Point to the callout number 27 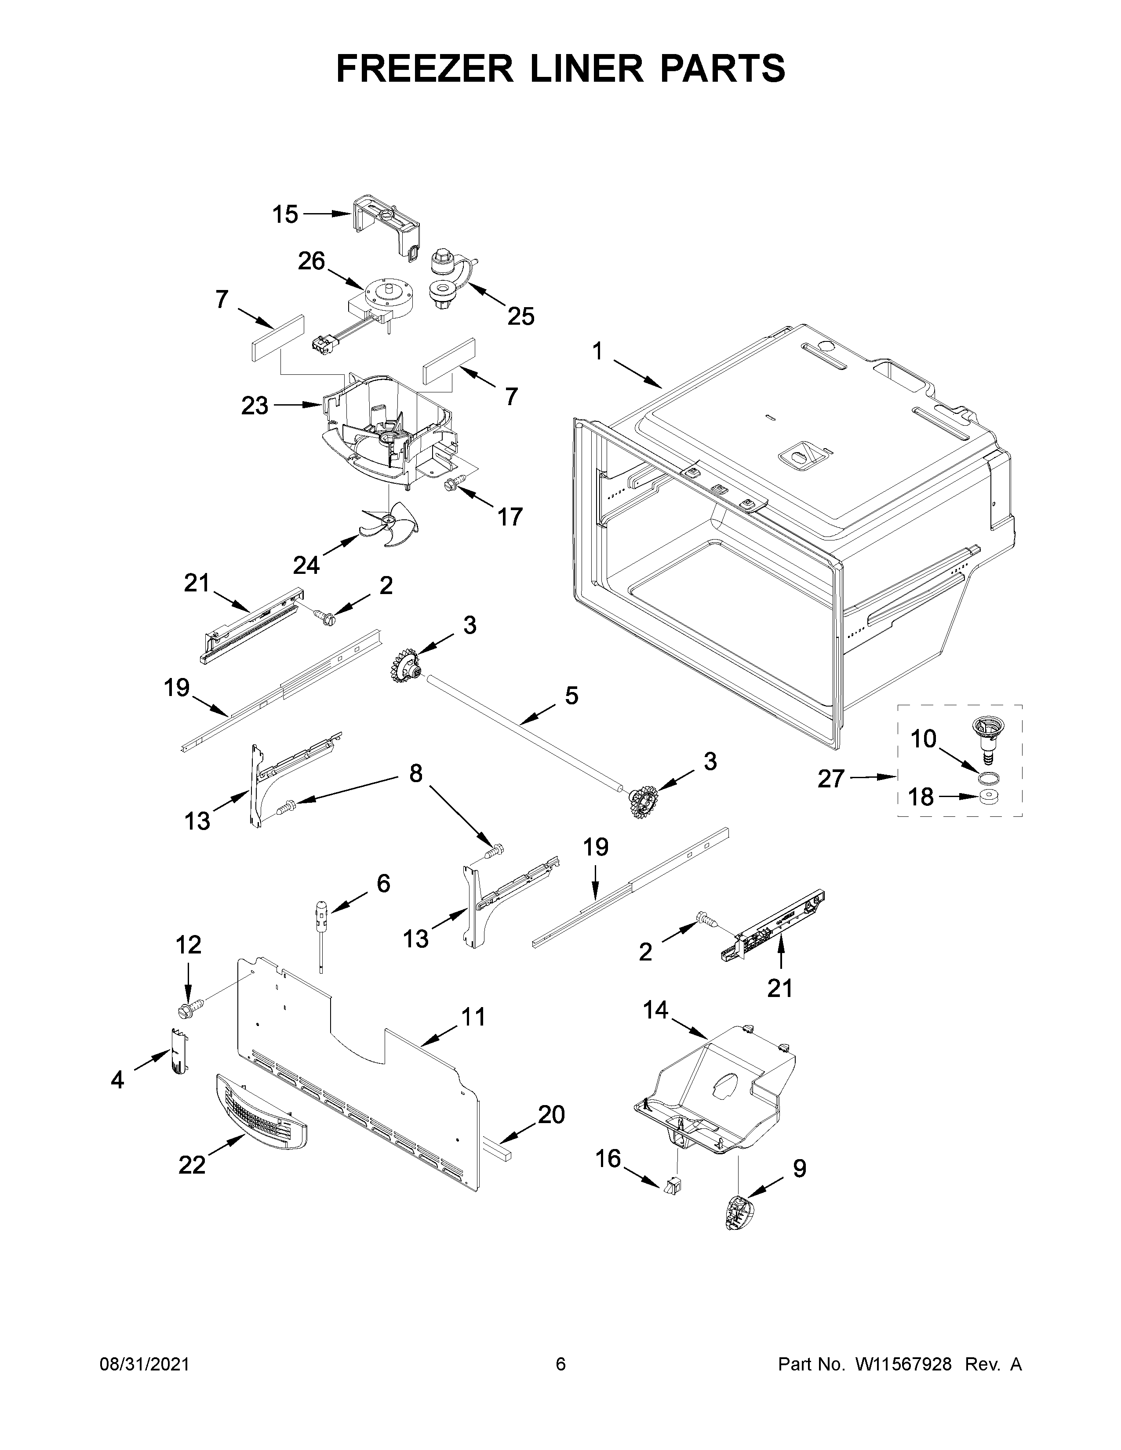point(831,779)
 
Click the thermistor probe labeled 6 point(322,917)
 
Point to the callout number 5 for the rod point(571,696)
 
